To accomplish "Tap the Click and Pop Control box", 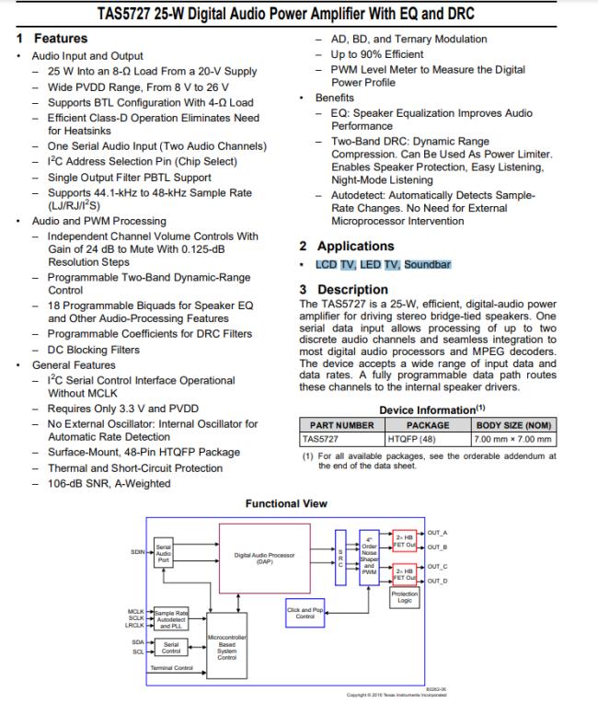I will pyautogui.click(x=304, y=612).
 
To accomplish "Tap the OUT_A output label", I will pyautogui.click(x=438, y=533).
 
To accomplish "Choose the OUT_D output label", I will pyautogui.click(x=438, y=582).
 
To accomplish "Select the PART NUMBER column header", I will pyautogui.click(x=342, y=425).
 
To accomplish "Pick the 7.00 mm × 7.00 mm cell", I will pyautogui.click(x=514, y=439).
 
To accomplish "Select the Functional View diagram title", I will pyautogui.click(x=286, y=503).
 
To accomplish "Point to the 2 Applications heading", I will pyautogui.click(x=347, y=246).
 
